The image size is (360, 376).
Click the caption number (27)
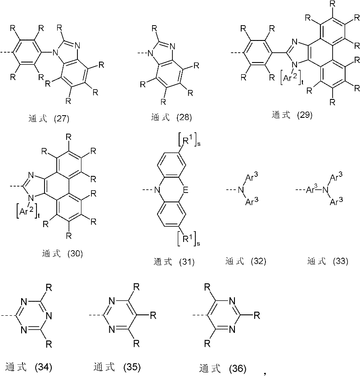62,119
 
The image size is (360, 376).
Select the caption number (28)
184,117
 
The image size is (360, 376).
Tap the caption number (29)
305,115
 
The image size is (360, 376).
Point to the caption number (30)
75,254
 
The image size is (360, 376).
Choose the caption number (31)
187,262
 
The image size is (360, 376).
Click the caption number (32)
258,261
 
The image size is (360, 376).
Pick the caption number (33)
341,261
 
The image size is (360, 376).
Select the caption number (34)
44,367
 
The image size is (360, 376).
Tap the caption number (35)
132,367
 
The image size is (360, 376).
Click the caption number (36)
238,368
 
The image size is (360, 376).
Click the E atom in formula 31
185,190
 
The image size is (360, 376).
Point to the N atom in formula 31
157,190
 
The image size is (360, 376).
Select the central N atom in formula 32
241,190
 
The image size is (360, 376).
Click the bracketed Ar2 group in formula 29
291,77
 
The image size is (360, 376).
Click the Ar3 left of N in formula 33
312,190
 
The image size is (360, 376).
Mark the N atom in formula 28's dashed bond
150,53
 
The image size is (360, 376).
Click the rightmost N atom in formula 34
49,316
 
